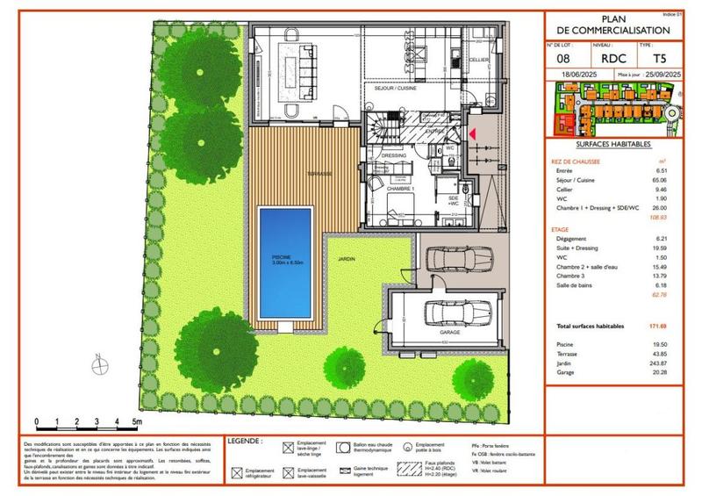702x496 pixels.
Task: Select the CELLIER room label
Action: (478, 60)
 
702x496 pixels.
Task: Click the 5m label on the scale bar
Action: (137, 422)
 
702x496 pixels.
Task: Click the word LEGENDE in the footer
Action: (245, 439)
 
